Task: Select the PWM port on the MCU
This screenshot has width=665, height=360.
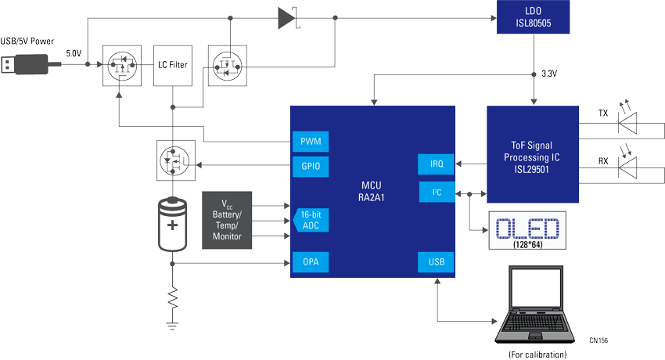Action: point(310,142)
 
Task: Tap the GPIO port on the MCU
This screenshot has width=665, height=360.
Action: point(310,166)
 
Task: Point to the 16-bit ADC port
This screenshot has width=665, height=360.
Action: point(311,220)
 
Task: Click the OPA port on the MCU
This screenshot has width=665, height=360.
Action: point(310,262)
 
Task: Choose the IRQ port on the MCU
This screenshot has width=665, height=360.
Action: point(436,164)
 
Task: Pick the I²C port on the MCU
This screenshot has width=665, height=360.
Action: point(436,191)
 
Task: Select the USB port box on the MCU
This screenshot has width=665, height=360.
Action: point(436,262)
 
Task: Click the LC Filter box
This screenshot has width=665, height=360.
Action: point(172,64)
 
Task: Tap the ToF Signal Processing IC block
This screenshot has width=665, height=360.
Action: point(534,154)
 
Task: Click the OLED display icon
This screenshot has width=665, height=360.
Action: point(527,229)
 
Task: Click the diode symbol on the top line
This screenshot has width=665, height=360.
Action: point(286,17)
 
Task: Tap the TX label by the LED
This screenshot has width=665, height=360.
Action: point(602,113)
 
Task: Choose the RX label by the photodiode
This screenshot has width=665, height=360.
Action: point(602,161)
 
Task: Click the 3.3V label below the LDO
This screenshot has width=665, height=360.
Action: point(549,74)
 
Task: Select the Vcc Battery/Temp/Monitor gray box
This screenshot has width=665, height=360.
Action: point(228,220)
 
